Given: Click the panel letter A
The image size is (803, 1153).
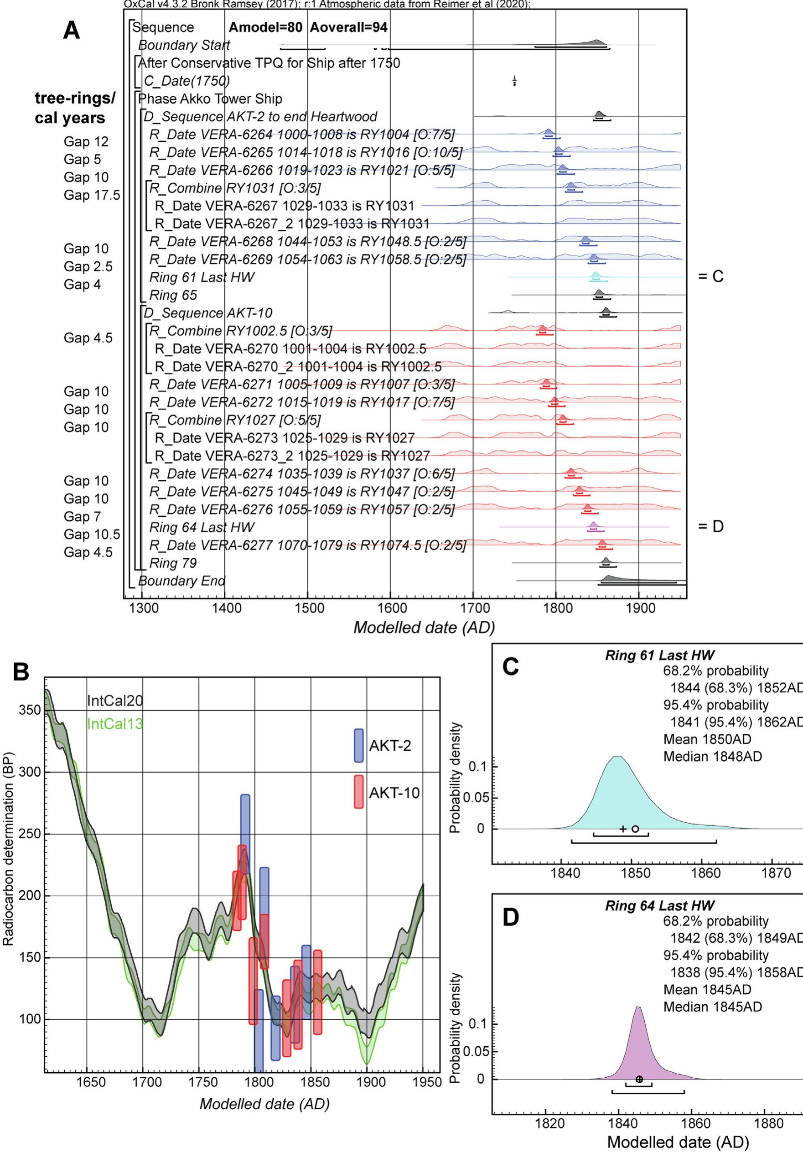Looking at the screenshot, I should coord(71,31).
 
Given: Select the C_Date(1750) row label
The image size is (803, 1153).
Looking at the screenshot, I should coord(187,81).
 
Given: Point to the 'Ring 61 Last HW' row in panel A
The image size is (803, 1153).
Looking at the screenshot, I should coord(202,277).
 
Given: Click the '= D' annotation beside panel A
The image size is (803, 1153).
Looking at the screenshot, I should coord(710,526).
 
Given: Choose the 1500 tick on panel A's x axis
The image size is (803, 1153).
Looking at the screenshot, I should coord(308,608).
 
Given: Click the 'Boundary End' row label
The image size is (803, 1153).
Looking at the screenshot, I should coord(181,581).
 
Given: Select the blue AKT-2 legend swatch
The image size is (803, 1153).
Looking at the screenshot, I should coord(358,746).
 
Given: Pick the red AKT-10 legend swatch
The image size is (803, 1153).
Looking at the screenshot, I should coord(358,792).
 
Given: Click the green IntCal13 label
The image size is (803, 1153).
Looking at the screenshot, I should coord(114,724).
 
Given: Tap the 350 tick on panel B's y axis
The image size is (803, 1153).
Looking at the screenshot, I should coord(30,710).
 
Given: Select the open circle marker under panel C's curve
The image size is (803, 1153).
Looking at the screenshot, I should coord(635,829).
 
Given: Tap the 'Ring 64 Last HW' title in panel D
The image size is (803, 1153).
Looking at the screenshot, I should coord(659,905).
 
